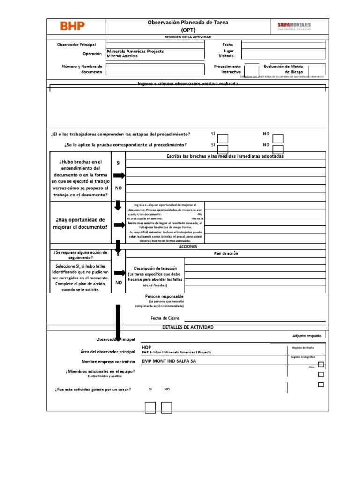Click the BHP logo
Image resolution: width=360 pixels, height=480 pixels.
[x=73, y=26]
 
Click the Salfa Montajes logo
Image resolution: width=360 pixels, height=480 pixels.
[x=294, y=26]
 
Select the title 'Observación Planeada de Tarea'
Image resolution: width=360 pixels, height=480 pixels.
[x=188, y=22]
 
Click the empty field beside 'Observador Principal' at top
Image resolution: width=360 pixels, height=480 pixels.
[x=155, y=45]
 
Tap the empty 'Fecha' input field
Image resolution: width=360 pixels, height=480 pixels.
[x=283, y=45]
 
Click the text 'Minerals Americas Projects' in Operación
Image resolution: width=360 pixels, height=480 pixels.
[x=135, y=51]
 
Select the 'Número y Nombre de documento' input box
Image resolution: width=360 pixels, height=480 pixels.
[x=155, y=69]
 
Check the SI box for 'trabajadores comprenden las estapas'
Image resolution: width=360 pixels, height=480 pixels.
[x=224, y=138]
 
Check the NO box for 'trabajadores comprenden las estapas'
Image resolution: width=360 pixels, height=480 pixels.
[x=278, y=138]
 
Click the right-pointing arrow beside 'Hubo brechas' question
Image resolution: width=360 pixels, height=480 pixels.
[x=119, y=176]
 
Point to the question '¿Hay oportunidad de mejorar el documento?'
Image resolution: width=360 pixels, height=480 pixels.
[x=80, y=223]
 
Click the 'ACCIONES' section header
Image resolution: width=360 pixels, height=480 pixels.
[x=188, y=246]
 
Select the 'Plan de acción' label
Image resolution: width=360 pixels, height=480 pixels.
[x=226, y=253]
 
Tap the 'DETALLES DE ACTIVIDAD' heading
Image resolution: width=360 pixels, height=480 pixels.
[x=187, y=327]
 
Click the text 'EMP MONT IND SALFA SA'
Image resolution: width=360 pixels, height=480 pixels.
[x=169, y=361]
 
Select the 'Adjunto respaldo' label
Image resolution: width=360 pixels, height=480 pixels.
[x=307, y=336]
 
